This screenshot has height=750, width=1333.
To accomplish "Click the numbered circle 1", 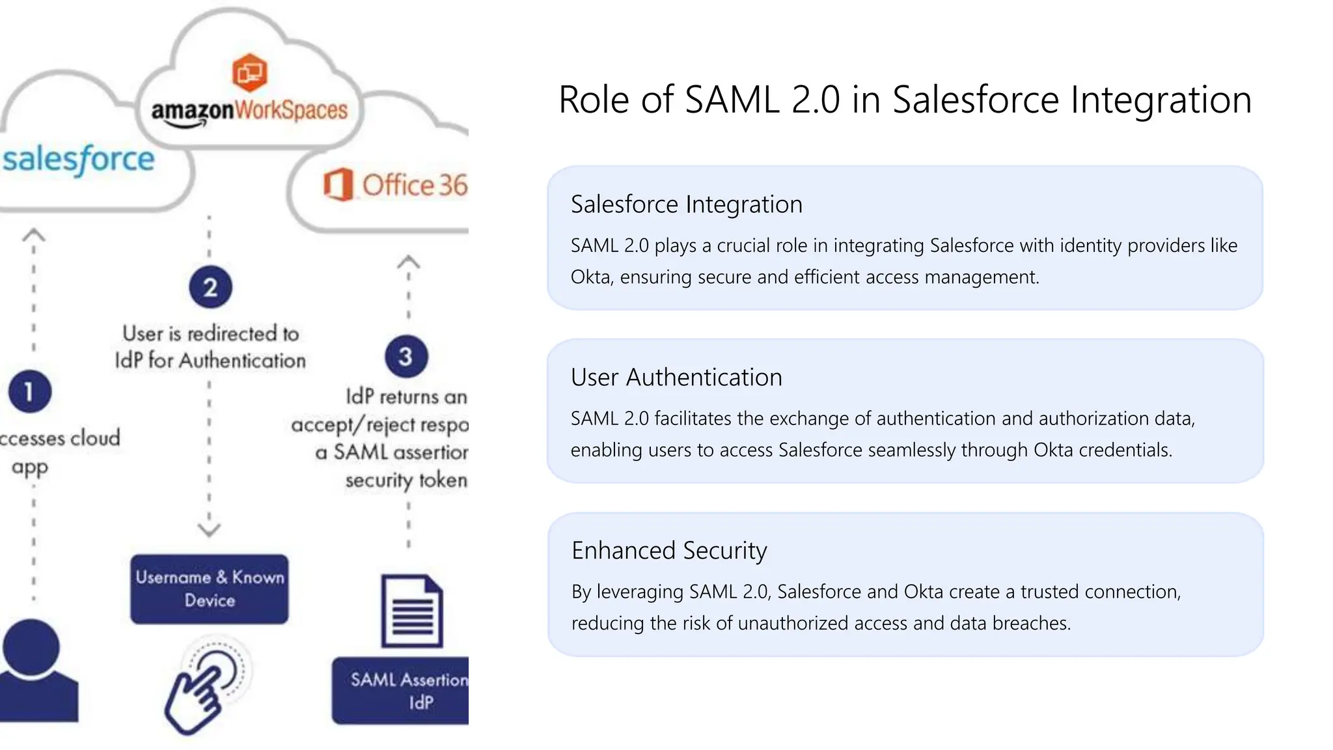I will click(29, 392).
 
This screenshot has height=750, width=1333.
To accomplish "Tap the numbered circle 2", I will click(210, 287).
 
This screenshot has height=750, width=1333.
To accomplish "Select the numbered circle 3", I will click(406, 356).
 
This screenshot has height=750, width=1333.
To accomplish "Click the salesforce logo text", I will click(78, 160).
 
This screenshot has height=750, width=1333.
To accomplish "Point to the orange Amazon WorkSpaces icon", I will click(250, 72).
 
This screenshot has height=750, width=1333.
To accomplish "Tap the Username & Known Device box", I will click(210, 589).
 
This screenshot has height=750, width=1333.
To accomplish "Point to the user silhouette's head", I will click(31, 648).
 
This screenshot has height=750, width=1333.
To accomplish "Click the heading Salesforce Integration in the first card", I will click(687, 204).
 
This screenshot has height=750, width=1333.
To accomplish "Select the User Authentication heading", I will click(676, 378).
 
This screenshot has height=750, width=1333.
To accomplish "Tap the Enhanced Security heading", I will click(669, 551).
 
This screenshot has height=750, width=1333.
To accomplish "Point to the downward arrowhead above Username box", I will click(209, 530).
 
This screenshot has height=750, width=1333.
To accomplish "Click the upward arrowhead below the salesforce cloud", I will click(34, 234).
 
